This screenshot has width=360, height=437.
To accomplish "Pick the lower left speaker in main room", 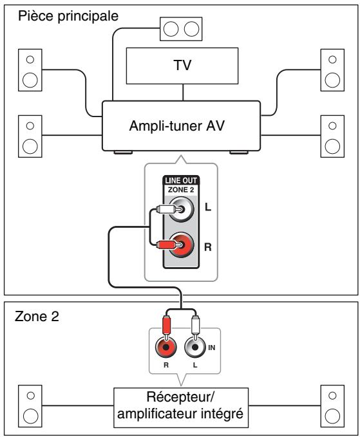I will (29, 135).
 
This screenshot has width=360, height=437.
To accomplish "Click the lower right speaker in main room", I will (331, 135).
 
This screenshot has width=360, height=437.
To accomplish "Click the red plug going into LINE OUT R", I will (164, 245).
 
